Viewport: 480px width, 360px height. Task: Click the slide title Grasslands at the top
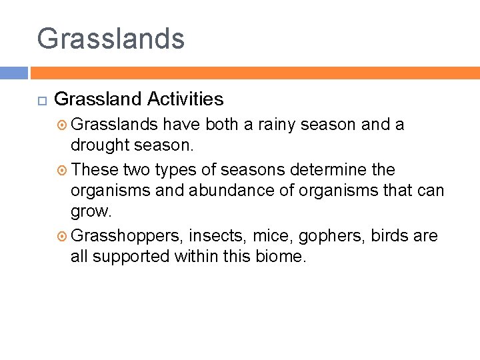point(111,39)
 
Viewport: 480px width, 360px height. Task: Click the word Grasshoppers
point(126,236)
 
